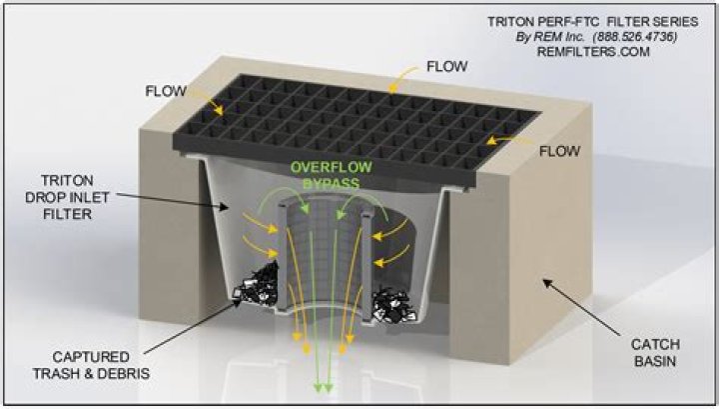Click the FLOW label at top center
pos(445,66)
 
